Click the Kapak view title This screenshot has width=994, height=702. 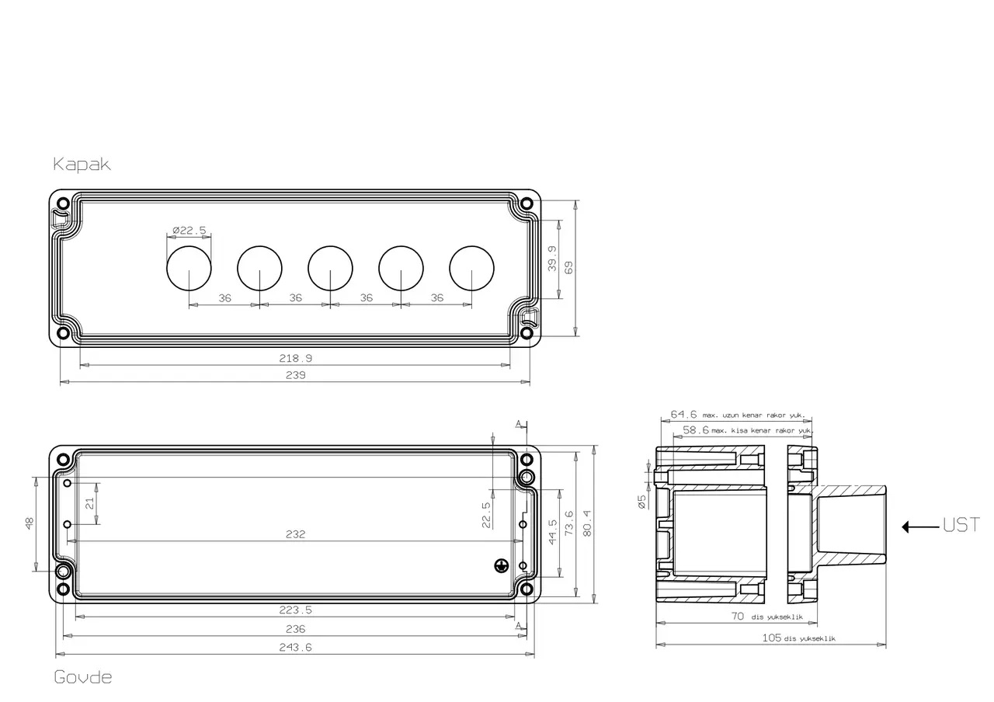click(x=82, y=164)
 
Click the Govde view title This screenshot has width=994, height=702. click(x=83, y=677)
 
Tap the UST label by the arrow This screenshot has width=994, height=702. click(x=961, y=526)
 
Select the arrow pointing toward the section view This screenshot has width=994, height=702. click(x=920, y=526)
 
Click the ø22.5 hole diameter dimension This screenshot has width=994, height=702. click(x=189, y=231)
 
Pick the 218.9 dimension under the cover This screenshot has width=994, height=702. click(x=296, y=358)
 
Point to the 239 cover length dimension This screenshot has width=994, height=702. click(x=296, y=375)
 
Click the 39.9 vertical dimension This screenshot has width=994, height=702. click(x=552, y=259)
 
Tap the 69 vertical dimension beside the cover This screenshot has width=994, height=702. click(x=568, y=268)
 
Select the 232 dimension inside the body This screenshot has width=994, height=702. click(x=296, y=534)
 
